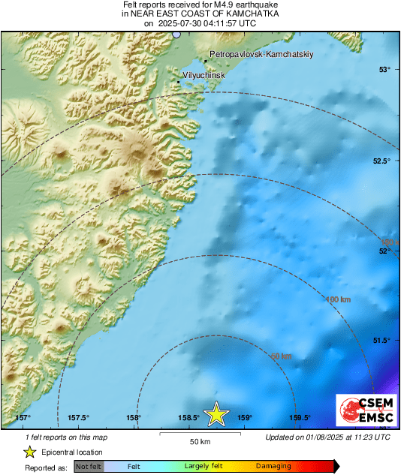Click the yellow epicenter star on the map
coord(217,413)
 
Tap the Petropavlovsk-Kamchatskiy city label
coord(261,55)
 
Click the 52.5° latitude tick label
coord(382,161)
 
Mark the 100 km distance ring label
coord(339,300)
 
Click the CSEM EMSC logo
coord(363,410)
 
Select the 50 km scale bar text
coord(199,441)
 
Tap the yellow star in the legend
coord(29,452)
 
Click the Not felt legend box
coord(89,466)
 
